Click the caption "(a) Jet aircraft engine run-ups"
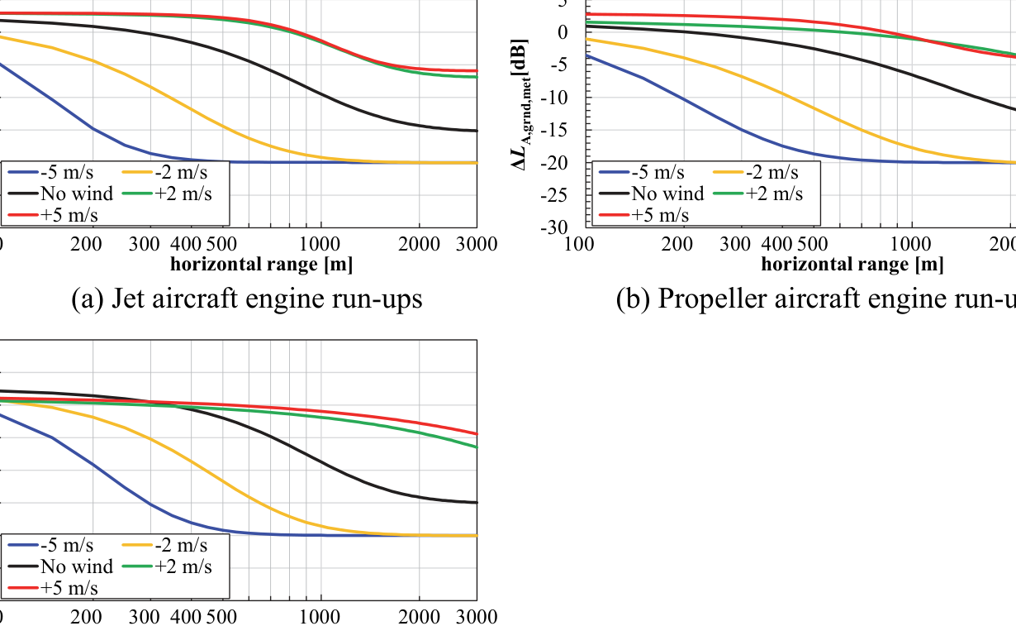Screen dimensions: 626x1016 click(x=247, y=299)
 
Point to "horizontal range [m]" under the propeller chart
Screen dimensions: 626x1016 click(x=852, y=265)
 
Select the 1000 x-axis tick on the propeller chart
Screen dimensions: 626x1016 click(x=911, y=244)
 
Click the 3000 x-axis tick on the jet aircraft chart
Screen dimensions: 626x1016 click(x=477, y=244)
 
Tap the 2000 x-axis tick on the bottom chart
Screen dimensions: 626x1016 click(x=419, y=617)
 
